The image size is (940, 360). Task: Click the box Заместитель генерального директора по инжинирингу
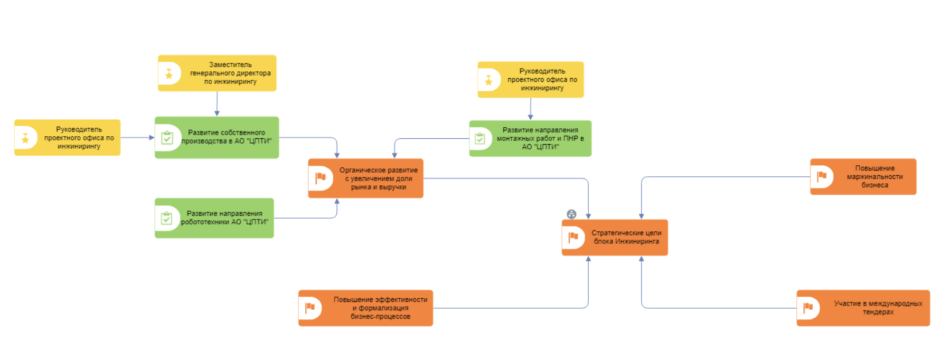coord(217,73)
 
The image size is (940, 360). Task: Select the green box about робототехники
coord(214,218)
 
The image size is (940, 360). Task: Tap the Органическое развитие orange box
coord(365,178)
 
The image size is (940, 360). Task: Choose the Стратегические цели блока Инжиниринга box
coord(615,238)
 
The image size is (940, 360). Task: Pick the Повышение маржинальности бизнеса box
coord(863,177)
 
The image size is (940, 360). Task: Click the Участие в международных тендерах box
coord(863,308)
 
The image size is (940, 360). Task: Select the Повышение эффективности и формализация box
coord(365,308)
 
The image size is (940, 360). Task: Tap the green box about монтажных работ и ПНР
coord(530,138)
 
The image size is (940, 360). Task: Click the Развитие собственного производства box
coord(217,137)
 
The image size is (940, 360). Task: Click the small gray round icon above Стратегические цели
coord(571,214)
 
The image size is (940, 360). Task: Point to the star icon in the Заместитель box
coord(169,74)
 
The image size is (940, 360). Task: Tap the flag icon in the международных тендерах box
coord(808,307)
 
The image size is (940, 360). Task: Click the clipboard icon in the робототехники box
coord(166,218)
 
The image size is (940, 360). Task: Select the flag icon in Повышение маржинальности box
coord(822,176)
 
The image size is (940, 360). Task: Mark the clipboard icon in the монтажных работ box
coord(480,138)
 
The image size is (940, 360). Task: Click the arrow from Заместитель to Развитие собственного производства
coord(217,104)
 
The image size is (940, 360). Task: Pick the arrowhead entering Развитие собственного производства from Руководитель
coord(152,137)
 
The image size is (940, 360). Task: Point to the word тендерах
coord(878,312)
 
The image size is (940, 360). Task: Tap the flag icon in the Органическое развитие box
coord(321,178)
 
